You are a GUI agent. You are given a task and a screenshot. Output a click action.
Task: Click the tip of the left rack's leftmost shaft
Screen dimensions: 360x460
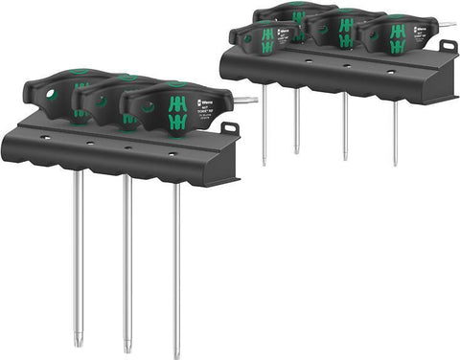[79, 342]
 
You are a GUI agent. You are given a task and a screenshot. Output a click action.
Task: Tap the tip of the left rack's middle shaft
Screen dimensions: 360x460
[126, 349]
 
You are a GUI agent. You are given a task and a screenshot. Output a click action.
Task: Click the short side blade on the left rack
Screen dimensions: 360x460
[248, 100]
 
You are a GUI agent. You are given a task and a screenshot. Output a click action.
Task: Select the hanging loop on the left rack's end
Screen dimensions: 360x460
[229, 128]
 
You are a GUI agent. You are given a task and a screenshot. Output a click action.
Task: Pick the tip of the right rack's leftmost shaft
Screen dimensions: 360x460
[264, 164]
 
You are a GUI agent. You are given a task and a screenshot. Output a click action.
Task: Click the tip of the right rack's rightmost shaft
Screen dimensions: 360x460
[395, 165]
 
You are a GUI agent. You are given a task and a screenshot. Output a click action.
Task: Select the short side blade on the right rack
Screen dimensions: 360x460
[446, 24]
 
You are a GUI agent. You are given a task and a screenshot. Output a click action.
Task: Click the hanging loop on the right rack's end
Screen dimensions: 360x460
[448, 45]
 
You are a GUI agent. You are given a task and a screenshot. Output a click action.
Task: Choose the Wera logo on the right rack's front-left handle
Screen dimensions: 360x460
[281, 34]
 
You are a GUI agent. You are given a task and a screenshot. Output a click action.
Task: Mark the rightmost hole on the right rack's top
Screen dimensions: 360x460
[392, 70]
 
